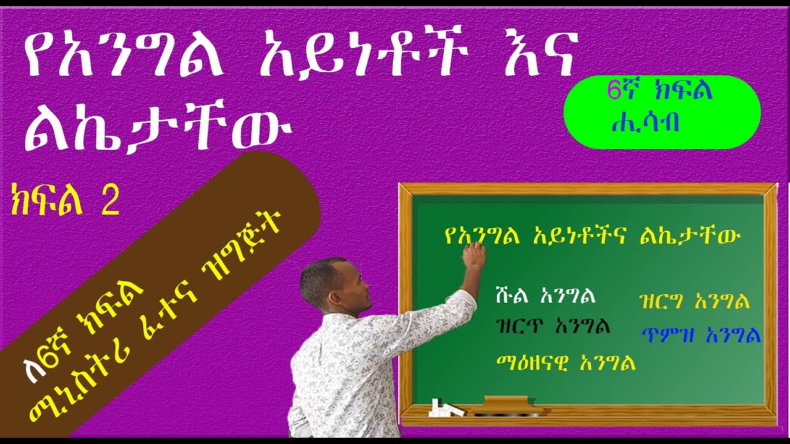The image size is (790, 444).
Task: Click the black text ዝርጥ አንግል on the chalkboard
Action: point(553,326)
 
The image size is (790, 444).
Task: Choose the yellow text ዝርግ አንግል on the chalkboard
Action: point(694,302)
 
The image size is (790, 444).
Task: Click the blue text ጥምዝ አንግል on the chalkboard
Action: point(699,335)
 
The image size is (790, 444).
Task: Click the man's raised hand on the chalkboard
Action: point(474,254)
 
